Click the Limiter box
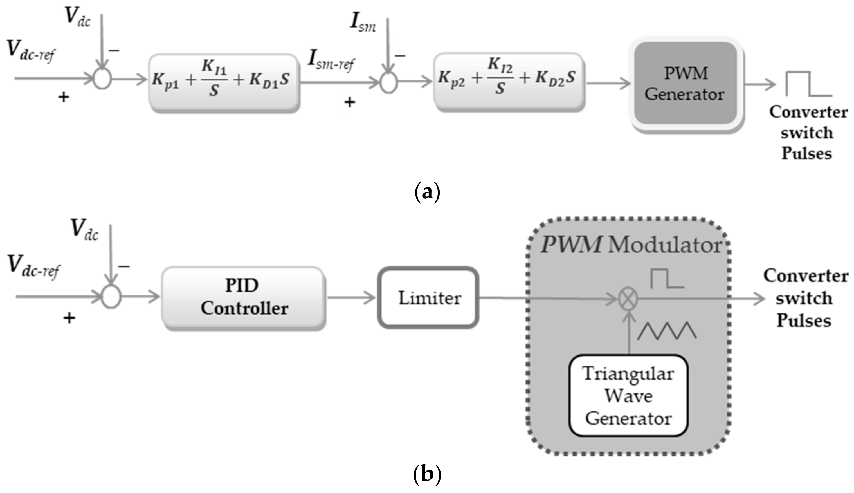click(x=428, y=298)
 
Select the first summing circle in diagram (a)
click(x=102, y=79)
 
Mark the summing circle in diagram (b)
click(x=111, y=297)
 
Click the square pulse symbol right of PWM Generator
click(x=808, y=84)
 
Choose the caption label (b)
click(x=427, y=474)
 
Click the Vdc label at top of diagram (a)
click(x=78, y=17)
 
